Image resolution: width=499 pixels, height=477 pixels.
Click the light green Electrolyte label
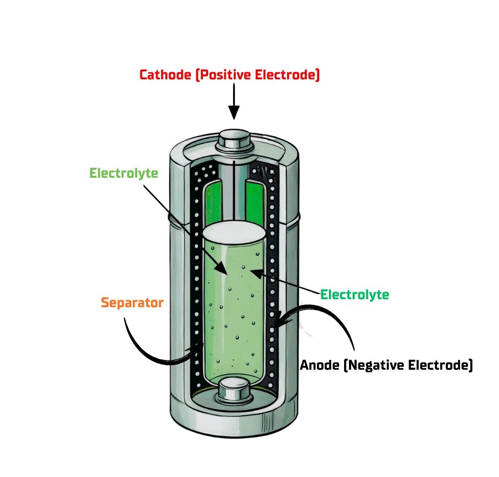124,173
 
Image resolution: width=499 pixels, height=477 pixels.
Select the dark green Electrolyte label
355,294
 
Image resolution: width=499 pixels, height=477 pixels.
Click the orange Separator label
132,303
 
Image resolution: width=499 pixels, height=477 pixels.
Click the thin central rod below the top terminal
234,191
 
